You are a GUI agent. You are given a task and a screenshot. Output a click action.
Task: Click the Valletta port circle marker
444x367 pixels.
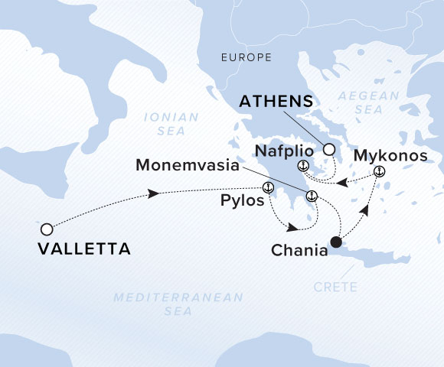[47, 229]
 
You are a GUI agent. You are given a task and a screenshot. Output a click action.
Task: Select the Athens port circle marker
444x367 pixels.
[329, 150]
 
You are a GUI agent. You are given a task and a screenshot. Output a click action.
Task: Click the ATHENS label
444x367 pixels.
[276, 101]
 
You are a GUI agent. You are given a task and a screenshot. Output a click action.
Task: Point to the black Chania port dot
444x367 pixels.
[335, 244]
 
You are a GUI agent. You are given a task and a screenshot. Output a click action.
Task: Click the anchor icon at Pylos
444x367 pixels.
[268, 188]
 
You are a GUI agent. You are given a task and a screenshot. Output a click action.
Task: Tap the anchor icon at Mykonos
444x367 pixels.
[378, 172]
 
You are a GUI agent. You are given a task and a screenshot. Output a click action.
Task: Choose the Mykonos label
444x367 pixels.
[387, 157]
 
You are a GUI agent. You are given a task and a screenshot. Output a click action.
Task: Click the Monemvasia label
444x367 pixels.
[188, 164]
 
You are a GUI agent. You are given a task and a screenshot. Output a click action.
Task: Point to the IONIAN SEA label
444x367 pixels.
[170, 124]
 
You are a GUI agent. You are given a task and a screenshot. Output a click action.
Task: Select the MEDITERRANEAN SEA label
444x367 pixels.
[178, 304]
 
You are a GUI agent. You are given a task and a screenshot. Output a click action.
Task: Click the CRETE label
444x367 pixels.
[335, 287]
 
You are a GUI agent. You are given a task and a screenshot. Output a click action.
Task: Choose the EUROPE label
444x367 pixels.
[246, 57]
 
